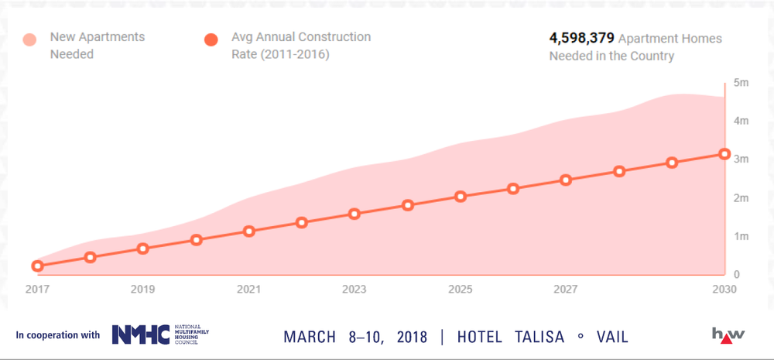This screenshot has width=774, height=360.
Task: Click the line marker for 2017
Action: pyautogui.click(x=37, y=266)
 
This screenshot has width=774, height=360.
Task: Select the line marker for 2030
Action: pyautogui.click(x=724, y=154)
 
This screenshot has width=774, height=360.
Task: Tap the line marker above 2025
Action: pyautogui.click(x=461, y=197)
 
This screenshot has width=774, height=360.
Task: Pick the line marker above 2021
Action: pyautogui.click(x=248, y=231)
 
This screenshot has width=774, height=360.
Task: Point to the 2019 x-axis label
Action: pyautogui.click(x=142, y=289)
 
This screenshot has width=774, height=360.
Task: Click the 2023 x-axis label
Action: pyautogui.click(x=354, y=289)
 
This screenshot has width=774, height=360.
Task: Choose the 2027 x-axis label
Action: pyautogui.click(x=566, y=289)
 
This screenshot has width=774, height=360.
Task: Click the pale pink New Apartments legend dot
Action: pyautogui.click(x=30, y=40)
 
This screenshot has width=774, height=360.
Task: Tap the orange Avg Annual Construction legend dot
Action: pyautogui.click(x=211, y=40)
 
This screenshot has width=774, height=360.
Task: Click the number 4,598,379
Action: pyautogui.click(x=581, y=38)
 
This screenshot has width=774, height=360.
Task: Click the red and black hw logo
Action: pyautogui.click(x=728, y=334)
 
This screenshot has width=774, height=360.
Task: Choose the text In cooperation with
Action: pyautogui.click(x=58, y=335)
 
